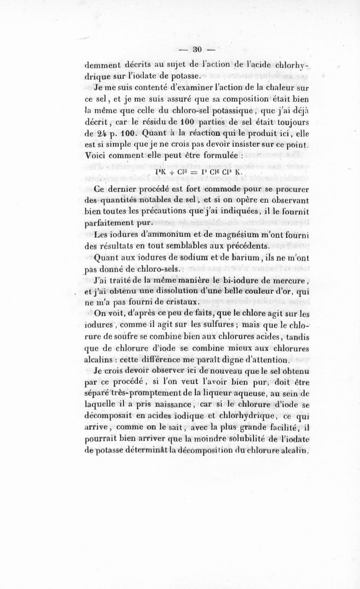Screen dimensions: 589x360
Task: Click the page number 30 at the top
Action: click(x=196, y=48)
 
